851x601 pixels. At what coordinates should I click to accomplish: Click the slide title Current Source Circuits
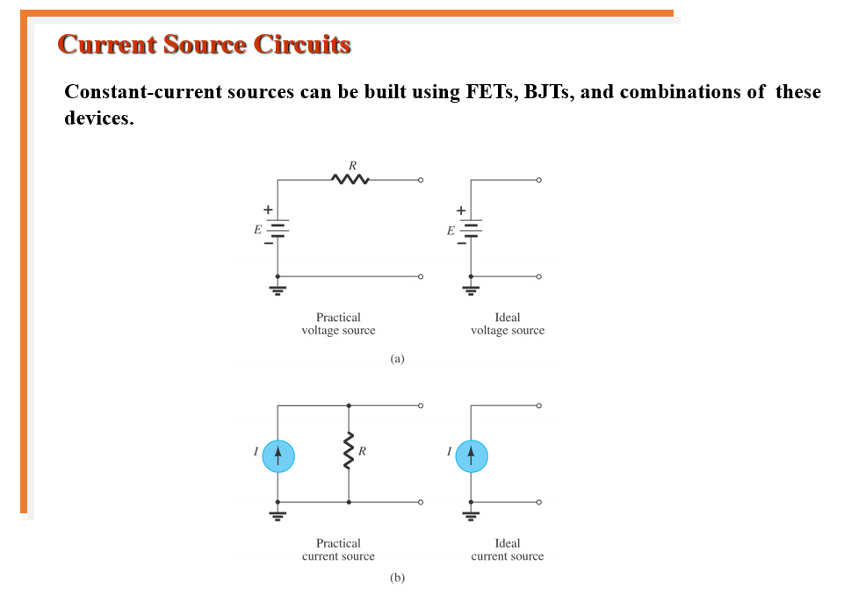(204, 45)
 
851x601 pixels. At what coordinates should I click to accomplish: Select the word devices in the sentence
(98, 118)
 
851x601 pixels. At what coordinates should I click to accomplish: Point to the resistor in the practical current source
(350, 454)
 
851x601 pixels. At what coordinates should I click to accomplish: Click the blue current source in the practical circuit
(278, 454)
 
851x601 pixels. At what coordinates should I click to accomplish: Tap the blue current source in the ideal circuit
(471, 454)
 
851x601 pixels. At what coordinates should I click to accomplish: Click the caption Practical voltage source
(338, 324)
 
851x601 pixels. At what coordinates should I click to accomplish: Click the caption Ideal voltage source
(507, 324)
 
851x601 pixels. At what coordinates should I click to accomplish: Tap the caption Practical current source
(338, 549)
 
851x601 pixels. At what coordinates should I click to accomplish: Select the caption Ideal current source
(507, 549)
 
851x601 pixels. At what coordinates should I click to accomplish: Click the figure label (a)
(397, 358)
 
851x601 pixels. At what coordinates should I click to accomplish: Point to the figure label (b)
(397, 578)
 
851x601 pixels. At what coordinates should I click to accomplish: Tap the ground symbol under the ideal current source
(471, 515)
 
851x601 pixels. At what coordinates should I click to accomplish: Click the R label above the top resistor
(352, 164)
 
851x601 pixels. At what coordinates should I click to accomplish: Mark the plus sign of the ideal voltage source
(459, 211)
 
